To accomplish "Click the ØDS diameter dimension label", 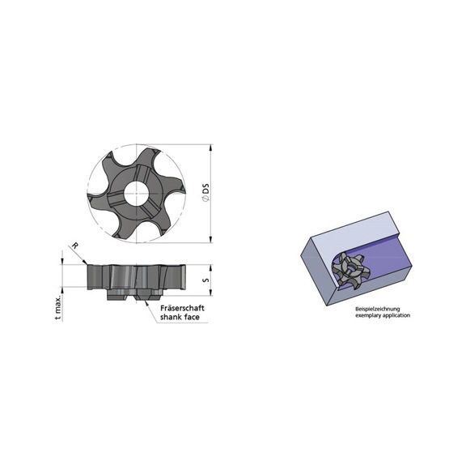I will pos(207,193).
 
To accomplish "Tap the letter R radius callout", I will pos(74,245).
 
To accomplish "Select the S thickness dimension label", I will pos(207,279).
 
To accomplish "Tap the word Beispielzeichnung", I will pos(376,308).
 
